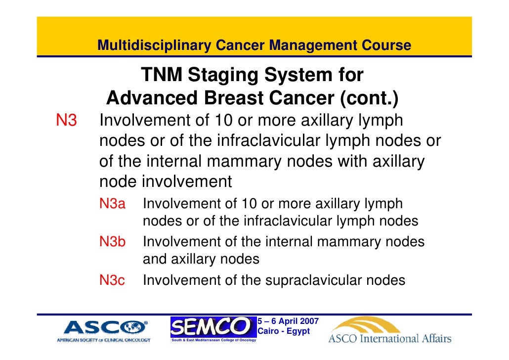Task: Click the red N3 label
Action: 66,120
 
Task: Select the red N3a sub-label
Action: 113,204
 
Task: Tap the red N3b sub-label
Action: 113,242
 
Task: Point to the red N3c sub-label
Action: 112,281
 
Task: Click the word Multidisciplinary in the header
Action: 154,46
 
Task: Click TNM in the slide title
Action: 162,76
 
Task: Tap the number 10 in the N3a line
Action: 247,204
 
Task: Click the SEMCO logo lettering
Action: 210,326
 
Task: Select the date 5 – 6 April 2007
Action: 288,321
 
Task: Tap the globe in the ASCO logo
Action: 135,327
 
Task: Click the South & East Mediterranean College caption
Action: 213,340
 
